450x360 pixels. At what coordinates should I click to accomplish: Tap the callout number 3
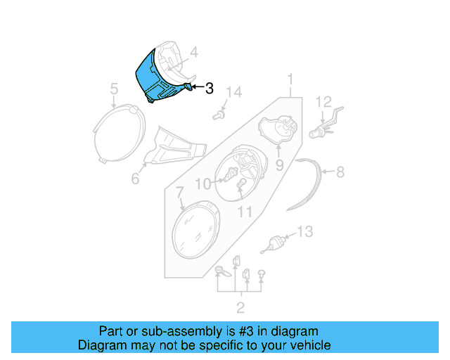(x=209, y=89)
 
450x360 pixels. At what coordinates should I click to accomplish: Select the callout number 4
(x=193, y=51)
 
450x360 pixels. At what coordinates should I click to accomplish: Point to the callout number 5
(x=113, y=89)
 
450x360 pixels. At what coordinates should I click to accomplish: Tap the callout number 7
(x=180, y=191)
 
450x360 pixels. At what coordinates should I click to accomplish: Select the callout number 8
(x=340, y=171)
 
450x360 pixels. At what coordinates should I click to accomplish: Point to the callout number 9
(x=279, y=166)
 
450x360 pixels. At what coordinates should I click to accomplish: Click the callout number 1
(x=290, y=79)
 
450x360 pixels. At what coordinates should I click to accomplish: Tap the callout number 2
(x=240, y=307)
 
